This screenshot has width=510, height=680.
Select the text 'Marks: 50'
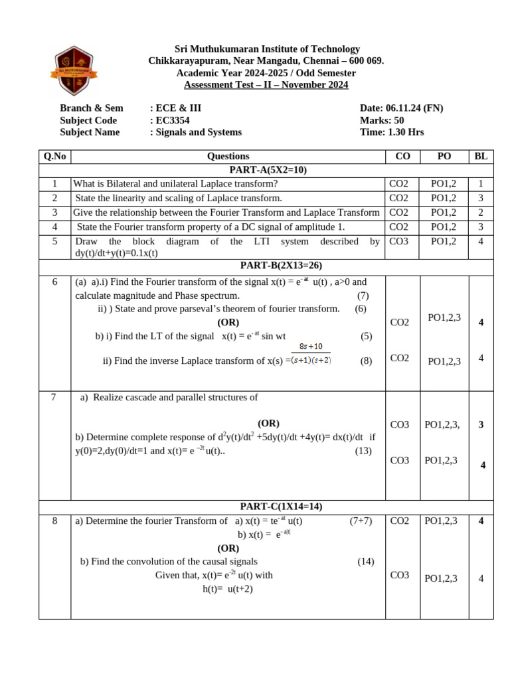pyautogui.click(x=382, y=120)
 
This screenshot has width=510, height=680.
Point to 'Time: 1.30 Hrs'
pyautogui.click(x=391, y=132)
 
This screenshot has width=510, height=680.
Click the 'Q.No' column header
pyautogui.click(x=54, y=157)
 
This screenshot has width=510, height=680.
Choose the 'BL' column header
pyautogui.click(x=481, y=157)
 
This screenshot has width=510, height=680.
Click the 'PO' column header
pyautogui.click(x=444, y=157)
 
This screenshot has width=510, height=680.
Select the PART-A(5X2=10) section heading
pyautogui.click(x=268, y=170)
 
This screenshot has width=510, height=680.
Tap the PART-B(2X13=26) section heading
pyautogui.click(x=281, y=266)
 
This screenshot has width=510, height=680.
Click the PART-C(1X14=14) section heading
pyautogui.click(x=281, y=507)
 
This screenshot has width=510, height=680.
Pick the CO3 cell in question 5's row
pyautogui.click(x=399, y=241)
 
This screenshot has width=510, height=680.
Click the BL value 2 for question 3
pyautogui.click(x=481, y=212)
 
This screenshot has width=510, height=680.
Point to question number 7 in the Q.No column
pyautogui.click(x=54, y=397)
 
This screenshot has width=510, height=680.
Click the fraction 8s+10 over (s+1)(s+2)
pyautogui.click(x=310, y=354)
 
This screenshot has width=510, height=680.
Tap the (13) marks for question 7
pyautogui.click(x=363, y=451)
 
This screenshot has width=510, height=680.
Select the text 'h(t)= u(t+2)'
pyautogui.click(x=228, y=589)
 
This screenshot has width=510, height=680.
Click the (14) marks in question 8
pyautogui.click(x=365, y=562)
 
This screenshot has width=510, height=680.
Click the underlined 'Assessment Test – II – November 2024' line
pyautogui.click(x=266, y=85)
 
